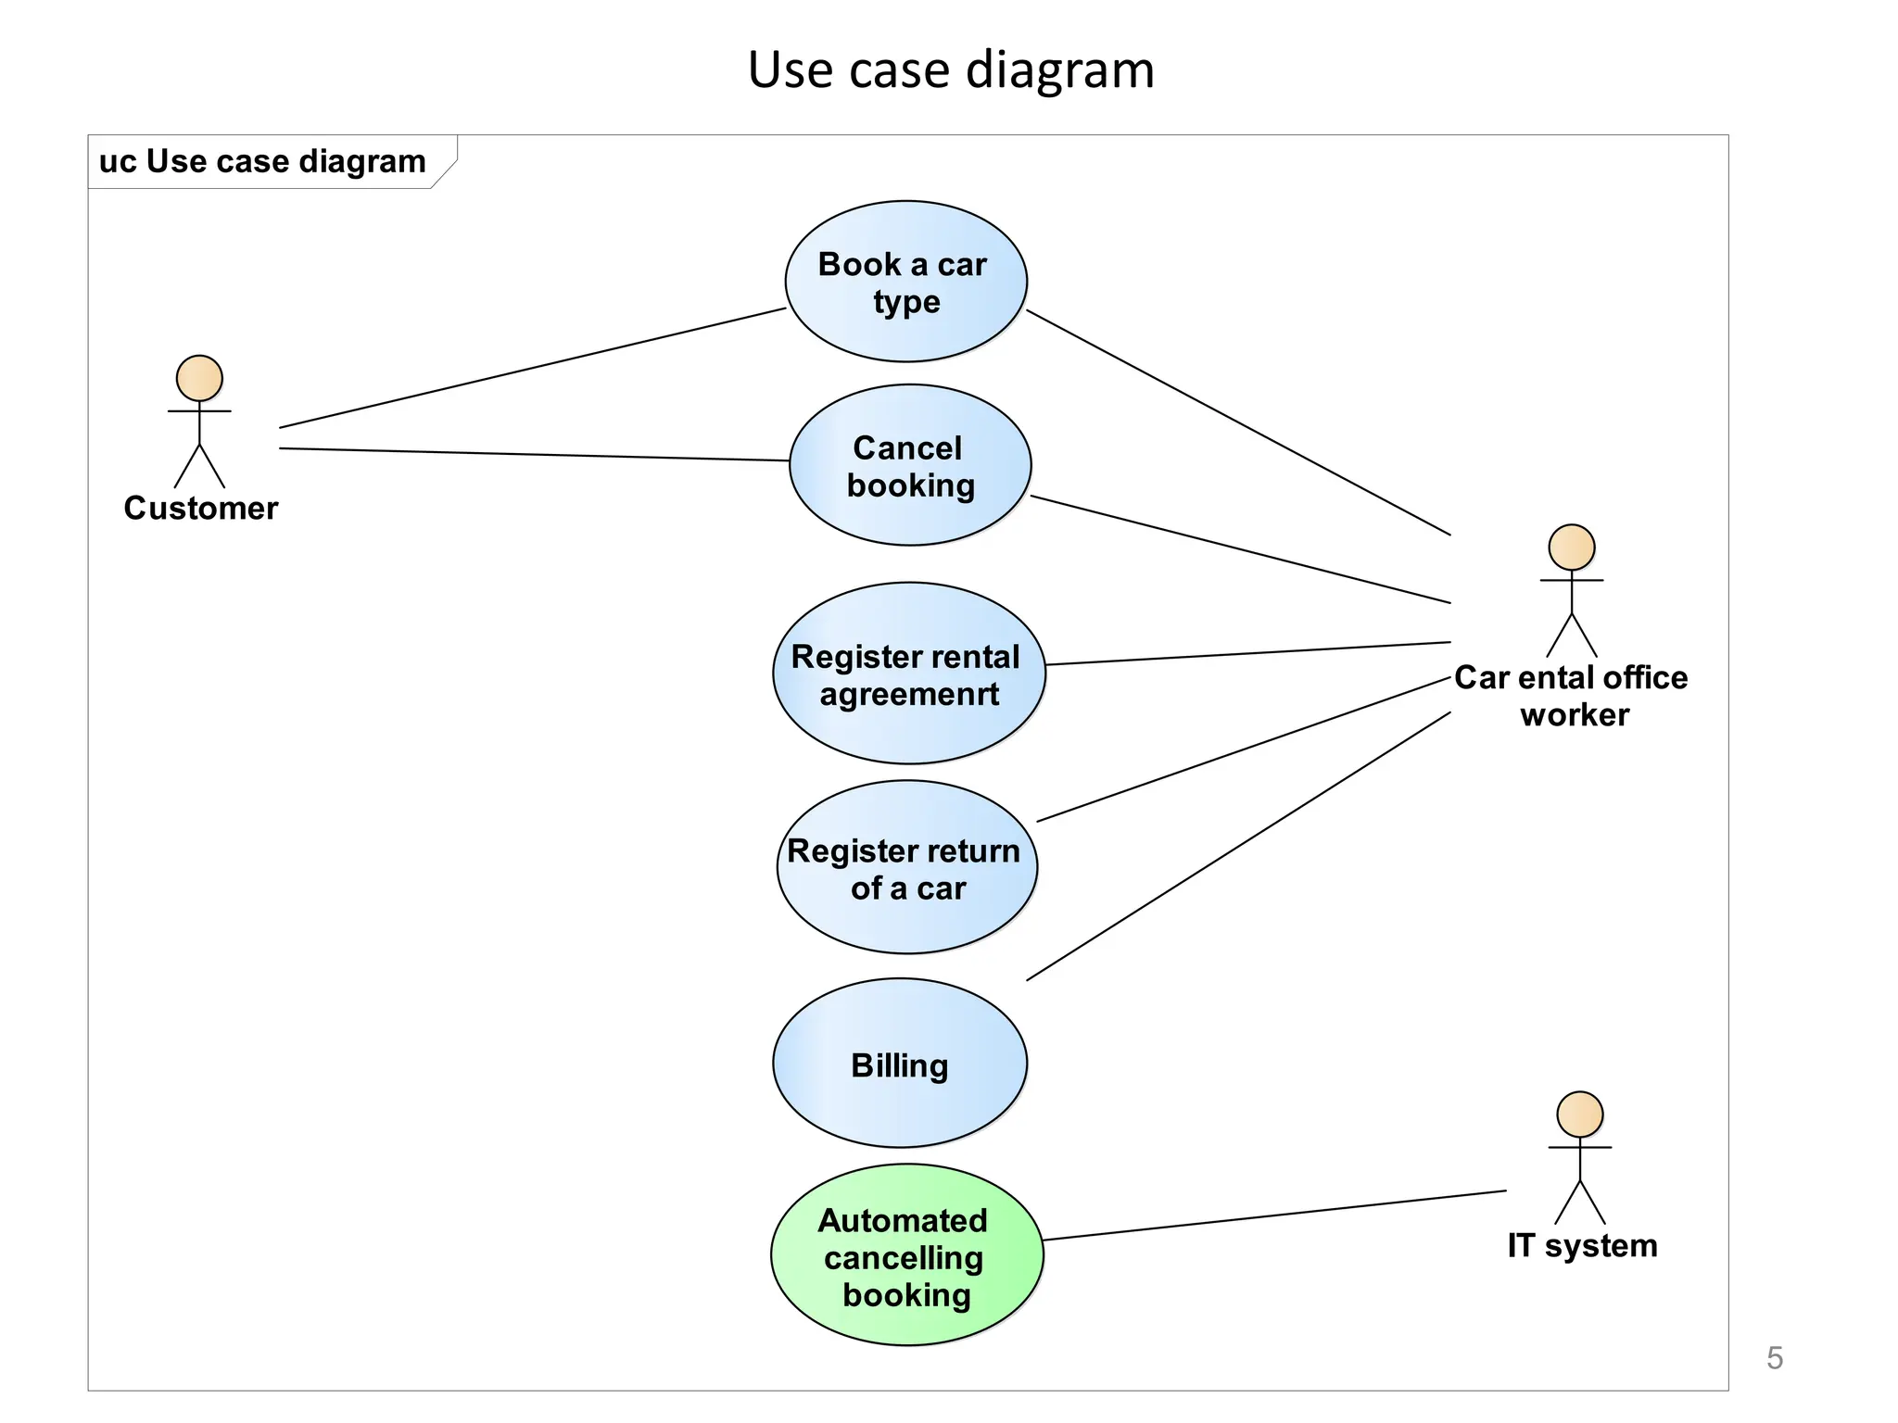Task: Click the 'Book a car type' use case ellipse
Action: click(905, 282)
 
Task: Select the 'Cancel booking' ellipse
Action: click(909, 465)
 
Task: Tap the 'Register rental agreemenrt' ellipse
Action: click(908, 674)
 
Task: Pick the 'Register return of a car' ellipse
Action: click(906, 867)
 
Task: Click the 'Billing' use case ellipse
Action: click(899, 1064)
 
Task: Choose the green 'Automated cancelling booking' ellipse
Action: click(906, 1255)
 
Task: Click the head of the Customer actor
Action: click(199, 378)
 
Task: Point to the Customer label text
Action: click(201, 509)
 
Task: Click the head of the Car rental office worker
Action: click(1572, 548)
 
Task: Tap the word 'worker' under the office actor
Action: click(1575, 715)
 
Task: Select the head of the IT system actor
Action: click(1579, 1114)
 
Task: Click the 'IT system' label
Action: click(1582, 1246)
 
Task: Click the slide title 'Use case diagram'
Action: click(951, 70)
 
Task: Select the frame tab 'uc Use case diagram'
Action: click(262, 162)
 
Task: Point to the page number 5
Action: click(1774, 1358)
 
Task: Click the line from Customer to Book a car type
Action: click(533, 368)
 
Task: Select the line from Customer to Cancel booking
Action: click(535, 455)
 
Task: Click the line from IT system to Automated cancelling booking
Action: click(1274, 1215)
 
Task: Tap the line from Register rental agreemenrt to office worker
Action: click(1247, 653)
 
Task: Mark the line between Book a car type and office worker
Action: click(1238, 422)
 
